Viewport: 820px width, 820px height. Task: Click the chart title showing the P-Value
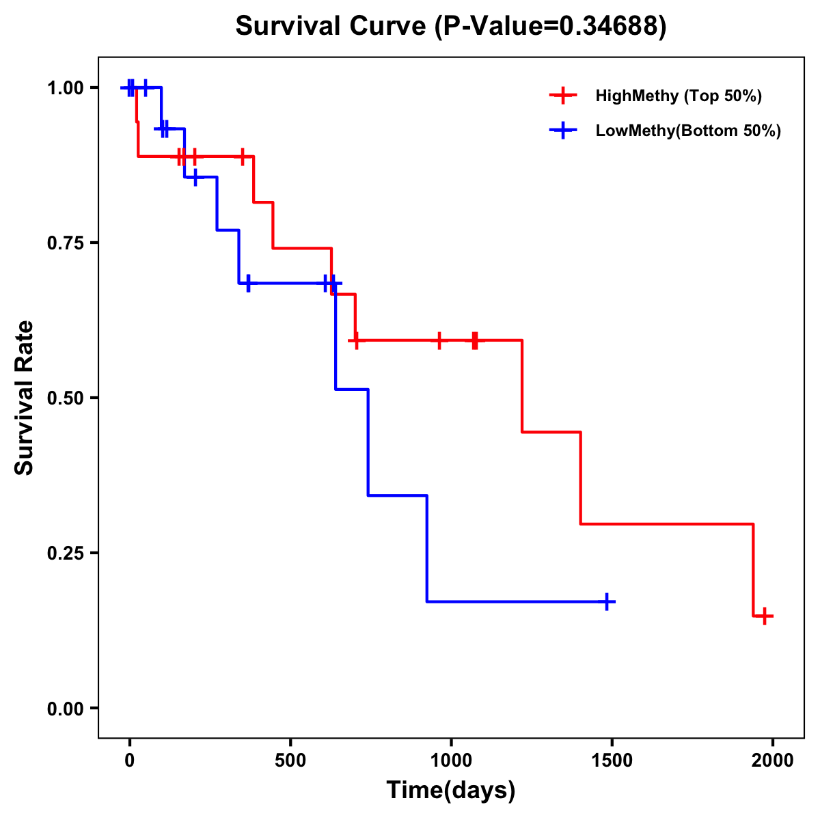coord(451,26)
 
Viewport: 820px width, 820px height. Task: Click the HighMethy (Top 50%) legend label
coord(679,96)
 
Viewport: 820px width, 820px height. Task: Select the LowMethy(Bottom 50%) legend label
coord(688,131)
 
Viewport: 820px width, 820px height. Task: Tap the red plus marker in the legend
coord(563,96)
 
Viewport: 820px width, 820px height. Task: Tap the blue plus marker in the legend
coord(563,131)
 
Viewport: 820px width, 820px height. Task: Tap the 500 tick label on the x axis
coord(290,761)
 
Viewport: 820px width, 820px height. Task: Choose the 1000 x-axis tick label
coord(451,761)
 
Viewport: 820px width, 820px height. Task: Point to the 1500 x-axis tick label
coord(612,761)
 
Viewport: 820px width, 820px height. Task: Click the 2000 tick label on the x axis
coord(773,761)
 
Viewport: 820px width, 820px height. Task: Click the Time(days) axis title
coord(451,791)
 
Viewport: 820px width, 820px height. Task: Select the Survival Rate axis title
coord(25,398)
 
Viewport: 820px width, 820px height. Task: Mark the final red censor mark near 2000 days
coord(765,616)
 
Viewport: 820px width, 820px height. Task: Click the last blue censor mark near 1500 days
coord(606,601)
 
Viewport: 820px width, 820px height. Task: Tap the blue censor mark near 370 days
coord(248,283)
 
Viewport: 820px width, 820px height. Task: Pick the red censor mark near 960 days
coord(439,340)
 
